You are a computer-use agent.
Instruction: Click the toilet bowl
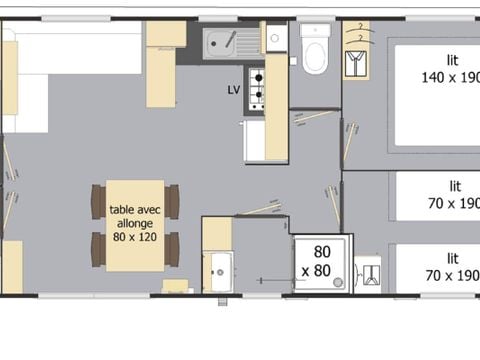[x=314, y=56]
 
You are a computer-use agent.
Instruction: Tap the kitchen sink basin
[x=218, y=42]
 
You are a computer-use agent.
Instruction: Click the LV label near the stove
[x=234, y=89]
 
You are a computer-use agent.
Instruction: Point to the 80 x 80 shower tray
[x=321, y=264]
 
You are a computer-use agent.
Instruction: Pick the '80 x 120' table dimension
[x=134, y=238]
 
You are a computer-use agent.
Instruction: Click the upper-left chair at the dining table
[x=98, y=201]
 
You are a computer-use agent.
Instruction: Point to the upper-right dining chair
[x=172, y=201]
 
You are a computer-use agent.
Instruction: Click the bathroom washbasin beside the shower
[x=367, y=274]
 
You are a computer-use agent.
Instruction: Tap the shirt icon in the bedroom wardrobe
[x=355, y=64]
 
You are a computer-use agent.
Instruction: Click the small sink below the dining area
[x=217, y=268]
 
